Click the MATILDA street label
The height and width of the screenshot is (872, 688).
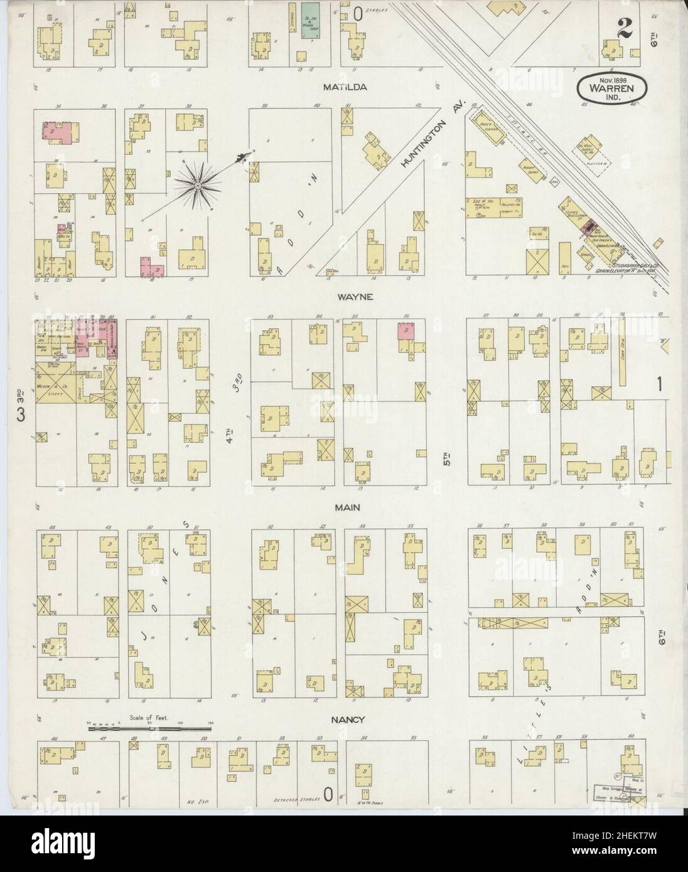pyautogui.click(x=345, y=87)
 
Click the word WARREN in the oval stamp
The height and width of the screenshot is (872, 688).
pyautogui.click(x=615, y=88)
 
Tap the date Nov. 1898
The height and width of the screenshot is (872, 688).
pyautogui.click(x=615, y=80)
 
